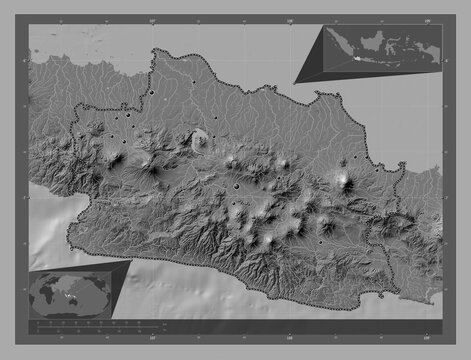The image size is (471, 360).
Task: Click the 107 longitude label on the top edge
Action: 151,17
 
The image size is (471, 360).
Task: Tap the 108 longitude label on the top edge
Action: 289,17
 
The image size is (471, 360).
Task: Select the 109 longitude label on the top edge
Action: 426,17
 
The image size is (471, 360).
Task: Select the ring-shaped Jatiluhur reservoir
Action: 199,140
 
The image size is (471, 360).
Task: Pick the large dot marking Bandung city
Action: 236,185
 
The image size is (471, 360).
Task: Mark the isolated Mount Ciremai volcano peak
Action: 344,181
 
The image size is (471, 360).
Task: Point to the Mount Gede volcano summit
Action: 153,165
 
